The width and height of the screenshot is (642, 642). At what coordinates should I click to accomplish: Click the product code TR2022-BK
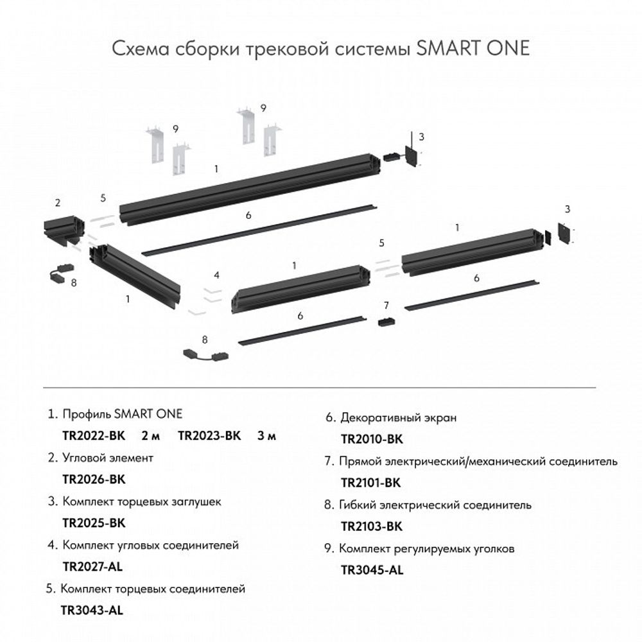[93, 436]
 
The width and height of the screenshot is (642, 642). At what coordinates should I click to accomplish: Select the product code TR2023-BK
[209, 436]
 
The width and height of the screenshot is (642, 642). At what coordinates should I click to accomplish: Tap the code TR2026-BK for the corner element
[93, 479]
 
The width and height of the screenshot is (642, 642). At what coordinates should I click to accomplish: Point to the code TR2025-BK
[93, 523]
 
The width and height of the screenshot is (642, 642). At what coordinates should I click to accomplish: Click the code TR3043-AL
[92, 610]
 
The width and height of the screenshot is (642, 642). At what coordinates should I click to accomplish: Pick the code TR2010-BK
[371, 440]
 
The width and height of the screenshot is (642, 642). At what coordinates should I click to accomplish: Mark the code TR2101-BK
[371, 483]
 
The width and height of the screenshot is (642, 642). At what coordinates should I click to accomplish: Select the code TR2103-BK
[371, 526]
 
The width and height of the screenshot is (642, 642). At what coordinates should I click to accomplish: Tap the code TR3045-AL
[371, 570]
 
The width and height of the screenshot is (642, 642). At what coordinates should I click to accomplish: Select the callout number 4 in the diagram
[217, 275]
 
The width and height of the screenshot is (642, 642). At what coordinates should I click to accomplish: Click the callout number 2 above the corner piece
[58, 204]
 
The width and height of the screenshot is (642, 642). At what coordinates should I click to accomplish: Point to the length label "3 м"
[266, 436]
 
